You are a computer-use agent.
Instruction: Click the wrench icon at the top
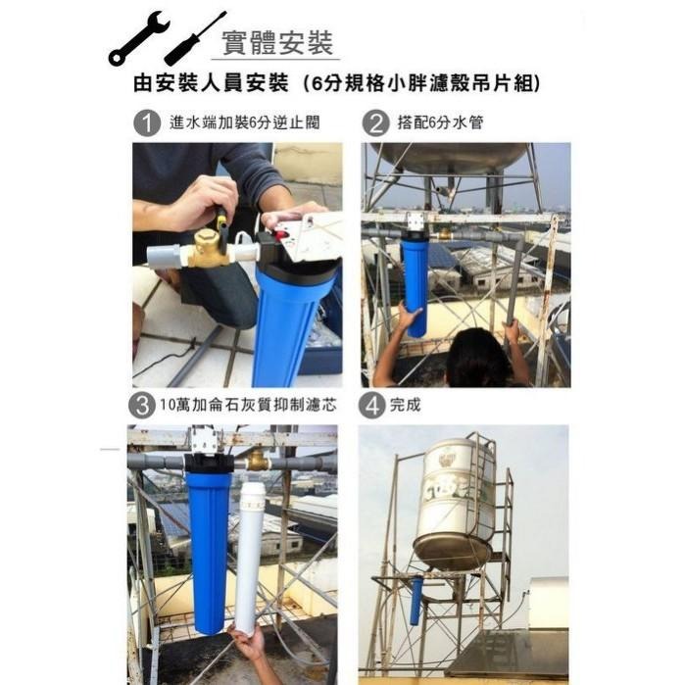pos(138,39)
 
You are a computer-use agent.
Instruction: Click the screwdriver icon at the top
pos(195,39)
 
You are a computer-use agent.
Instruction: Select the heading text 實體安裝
pos(277,43)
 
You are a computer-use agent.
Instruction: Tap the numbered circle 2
pos(374,124)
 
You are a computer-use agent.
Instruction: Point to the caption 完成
pos(405,404)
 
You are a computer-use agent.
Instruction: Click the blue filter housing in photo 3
pos(209,549)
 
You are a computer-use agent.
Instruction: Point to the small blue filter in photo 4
pos(416,600)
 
